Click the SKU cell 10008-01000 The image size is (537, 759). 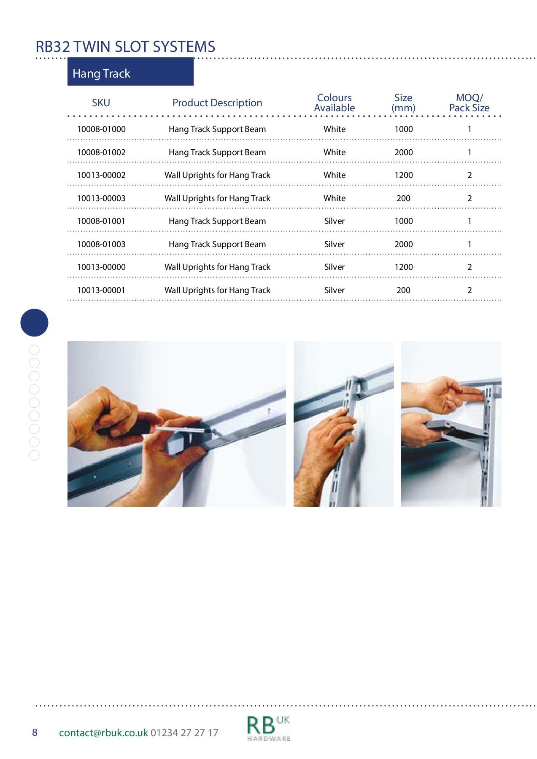101,129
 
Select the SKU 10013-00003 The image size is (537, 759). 101,198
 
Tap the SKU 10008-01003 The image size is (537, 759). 101,244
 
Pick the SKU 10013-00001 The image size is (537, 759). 101,290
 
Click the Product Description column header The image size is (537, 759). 217,103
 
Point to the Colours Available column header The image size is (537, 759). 335,103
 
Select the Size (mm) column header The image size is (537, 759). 403,103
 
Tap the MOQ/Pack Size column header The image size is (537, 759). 469,103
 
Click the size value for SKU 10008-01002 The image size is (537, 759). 404,152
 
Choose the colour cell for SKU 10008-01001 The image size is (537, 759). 335,221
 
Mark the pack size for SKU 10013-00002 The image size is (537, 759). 470,175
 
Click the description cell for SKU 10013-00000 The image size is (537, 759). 217,267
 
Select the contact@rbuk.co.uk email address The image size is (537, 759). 103,733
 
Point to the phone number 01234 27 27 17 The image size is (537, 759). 184,733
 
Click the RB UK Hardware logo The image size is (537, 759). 268,728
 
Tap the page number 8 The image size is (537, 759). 35,732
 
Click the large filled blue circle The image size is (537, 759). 35,323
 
